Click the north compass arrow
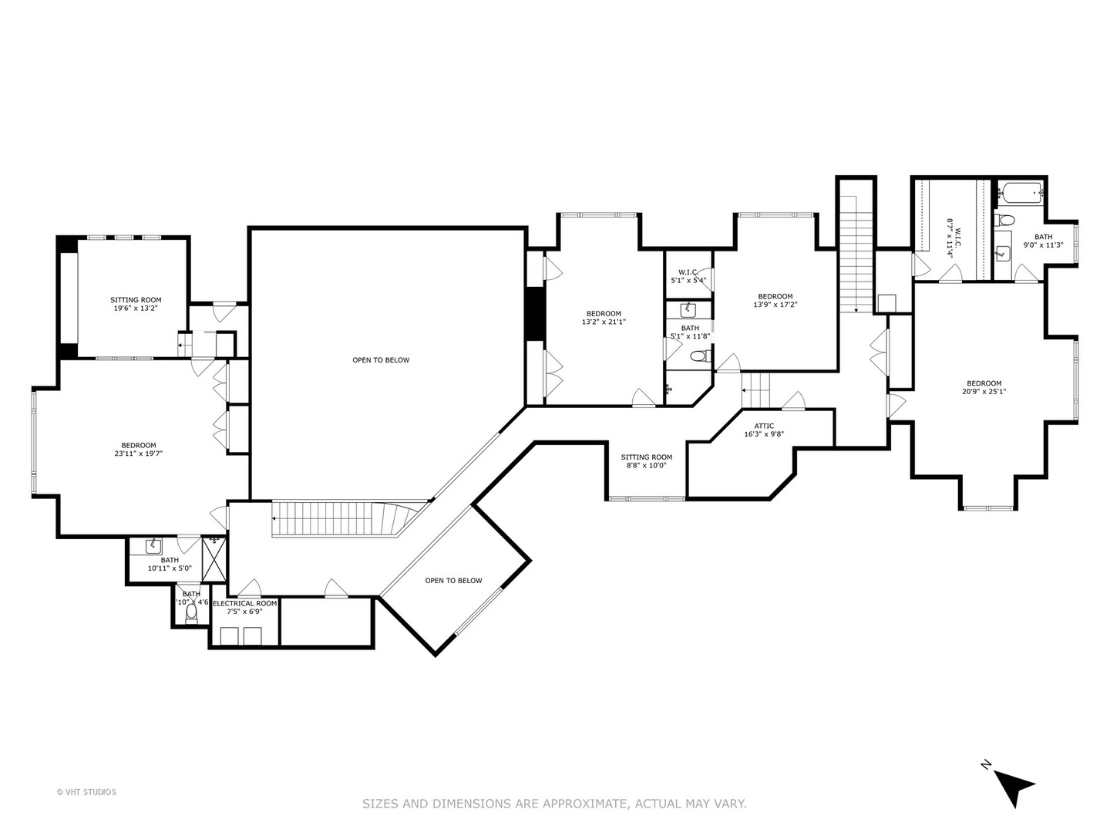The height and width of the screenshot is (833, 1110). coord(1012,785)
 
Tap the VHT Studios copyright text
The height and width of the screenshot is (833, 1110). coord(86,792)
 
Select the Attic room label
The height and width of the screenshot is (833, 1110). coord(764,430)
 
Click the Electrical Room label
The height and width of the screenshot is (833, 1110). coord(244,607)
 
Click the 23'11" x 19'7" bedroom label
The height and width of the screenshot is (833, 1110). coord(139,450)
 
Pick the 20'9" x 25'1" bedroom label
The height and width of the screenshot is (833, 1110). coord(984,387)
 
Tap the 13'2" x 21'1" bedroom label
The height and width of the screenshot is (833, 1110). coord(604,318)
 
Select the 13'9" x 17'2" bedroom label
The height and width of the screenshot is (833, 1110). coord(775,300)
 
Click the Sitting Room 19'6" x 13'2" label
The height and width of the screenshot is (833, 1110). coord(136,304)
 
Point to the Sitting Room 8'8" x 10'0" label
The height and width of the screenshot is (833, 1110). coord(646,461)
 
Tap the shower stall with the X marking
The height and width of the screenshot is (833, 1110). coord(214,559)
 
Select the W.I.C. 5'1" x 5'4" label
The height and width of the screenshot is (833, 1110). coord(688,276)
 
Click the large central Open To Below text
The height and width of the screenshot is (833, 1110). coord(381,360)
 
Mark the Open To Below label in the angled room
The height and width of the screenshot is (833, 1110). coord(453,581)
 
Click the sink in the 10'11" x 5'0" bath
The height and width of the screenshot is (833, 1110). coord(153,545)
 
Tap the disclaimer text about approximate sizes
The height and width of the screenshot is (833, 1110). coord(554,804)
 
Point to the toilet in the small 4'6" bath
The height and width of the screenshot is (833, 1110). coord(191,612)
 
